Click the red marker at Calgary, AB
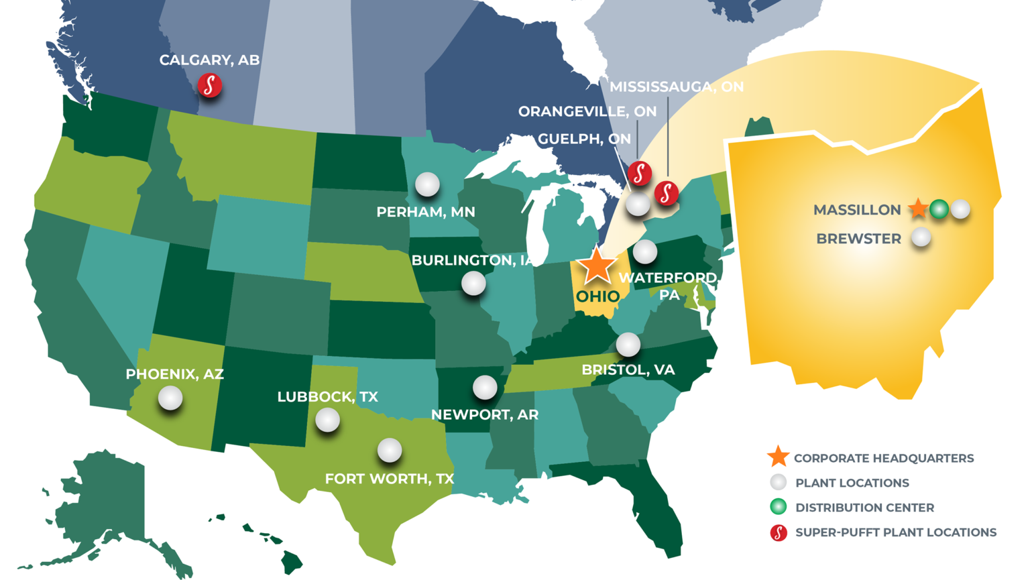click(210, 85)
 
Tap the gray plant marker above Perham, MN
click(427, 184)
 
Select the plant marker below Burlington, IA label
click(473, 283)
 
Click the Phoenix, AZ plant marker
click(170, 398)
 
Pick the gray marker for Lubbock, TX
click(327, 420)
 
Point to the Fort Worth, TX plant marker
click(390, 450)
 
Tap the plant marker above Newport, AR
click(485, 387)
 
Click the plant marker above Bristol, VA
click(628, 344)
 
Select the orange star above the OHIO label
click(596, 265)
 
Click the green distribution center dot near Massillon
click(939, 209)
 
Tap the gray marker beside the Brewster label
click(921, 237)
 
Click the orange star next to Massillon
click(918, 209)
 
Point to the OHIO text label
click(598, 296)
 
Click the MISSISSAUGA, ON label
click(677, 86)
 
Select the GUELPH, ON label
click(584, 139)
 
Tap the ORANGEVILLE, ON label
click(587, 111)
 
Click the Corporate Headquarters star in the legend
click(778, 457)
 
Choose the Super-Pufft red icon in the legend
click(779, 532)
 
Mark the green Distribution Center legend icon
click(779, 507)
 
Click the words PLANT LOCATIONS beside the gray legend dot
click(852, 483)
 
